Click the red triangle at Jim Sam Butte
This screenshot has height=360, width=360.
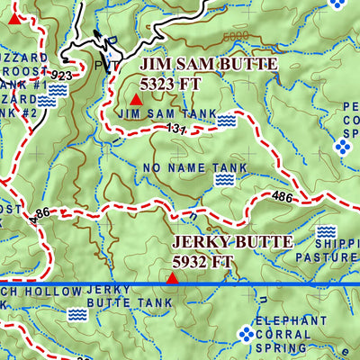coord(135,100)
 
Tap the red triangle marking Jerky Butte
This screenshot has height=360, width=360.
coord(171,279)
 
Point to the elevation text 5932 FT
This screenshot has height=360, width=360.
coord(203,262)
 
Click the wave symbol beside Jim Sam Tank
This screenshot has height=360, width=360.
coord(225,120)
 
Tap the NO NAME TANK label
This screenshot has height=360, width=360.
coord(188,168)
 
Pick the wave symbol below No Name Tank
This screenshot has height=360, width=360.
coord(223,180)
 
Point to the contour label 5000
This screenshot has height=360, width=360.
coord(235,37)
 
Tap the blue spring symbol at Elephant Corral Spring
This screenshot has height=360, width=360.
coord(245,335)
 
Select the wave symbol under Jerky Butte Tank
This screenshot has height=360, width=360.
coord(78,314)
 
